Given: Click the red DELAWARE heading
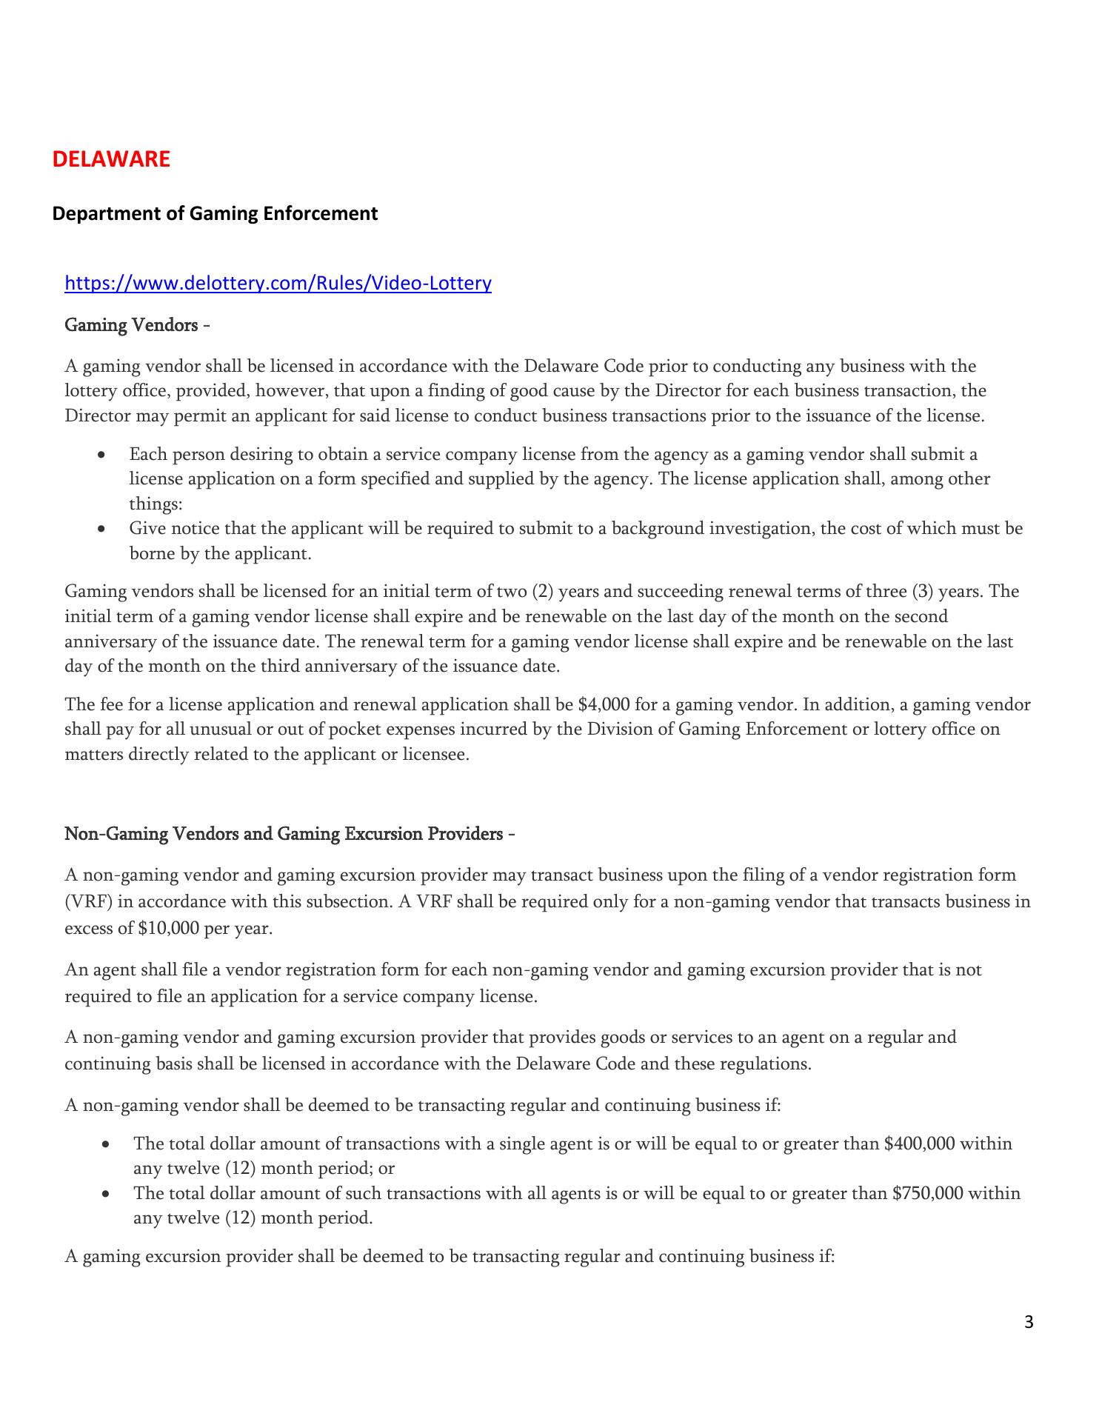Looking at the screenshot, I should coord(111,159).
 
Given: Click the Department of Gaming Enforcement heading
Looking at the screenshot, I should coord(215,213).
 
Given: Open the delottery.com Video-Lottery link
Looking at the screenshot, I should coord(278,283).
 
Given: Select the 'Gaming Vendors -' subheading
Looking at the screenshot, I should coord(137,325).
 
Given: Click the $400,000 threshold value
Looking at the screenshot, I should coord(919,1144).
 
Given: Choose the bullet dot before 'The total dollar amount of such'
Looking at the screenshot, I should coord(108,1195).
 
